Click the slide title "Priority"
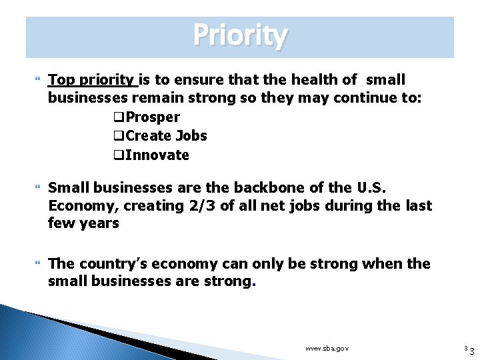pyautogui.click(x=240, y=35)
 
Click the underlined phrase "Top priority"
pyautogui.click(x=91, y=80)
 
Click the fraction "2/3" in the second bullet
pyautogui.click(x=200, y=206)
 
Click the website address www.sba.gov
pyautogui.click(x=327, y=349)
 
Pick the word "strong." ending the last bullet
pyautogui.click(x=234, y=281)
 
